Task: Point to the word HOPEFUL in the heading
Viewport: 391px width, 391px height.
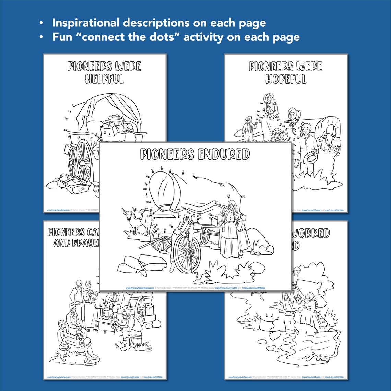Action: pos(286,79)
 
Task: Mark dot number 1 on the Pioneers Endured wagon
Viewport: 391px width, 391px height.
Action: pos(194,175)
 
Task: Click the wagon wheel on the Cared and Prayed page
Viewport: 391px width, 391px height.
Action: pos(140,310)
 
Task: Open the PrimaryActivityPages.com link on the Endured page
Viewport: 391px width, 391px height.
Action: pos(139,288)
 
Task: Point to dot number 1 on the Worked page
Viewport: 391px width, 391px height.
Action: pos(261,317)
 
